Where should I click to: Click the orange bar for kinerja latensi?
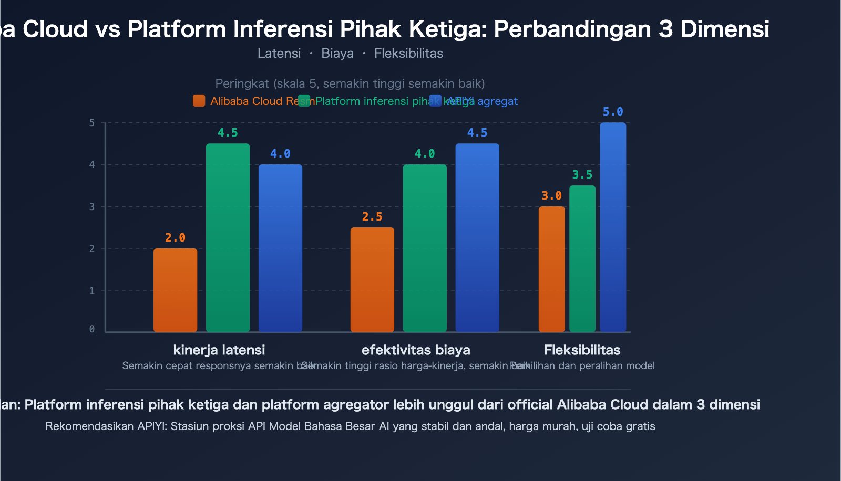[x=175, y=290]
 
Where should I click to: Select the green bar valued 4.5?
[x=228, y=237]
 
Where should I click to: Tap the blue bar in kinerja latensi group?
[x=280, y=248]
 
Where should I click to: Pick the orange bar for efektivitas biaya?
[x=372, y=279]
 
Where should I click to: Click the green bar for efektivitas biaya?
[x=425, y=248]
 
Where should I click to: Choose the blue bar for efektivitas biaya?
[x=477, y=237]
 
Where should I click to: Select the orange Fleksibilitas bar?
[x=552, y=269]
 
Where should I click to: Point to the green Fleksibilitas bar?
[x=582, y=258]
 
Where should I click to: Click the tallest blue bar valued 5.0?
[x=613, y=227]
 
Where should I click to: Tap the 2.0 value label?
[x=175, y=238]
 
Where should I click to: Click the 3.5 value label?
[x=582, y=175]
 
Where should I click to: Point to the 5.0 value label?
[x=613, y=112]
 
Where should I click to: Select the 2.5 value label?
[x=372, y=217]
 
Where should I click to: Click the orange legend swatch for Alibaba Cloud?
[x=199, y=101]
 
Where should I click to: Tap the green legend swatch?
[x=304, y=101]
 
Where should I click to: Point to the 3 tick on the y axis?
[x=92, y=206]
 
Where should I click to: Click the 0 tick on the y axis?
[x=92, y=329]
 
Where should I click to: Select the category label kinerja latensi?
[x=219, y=350]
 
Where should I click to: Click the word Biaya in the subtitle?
[x=337, y=54]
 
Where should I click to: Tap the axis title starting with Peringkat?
[x=350, y=83]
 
